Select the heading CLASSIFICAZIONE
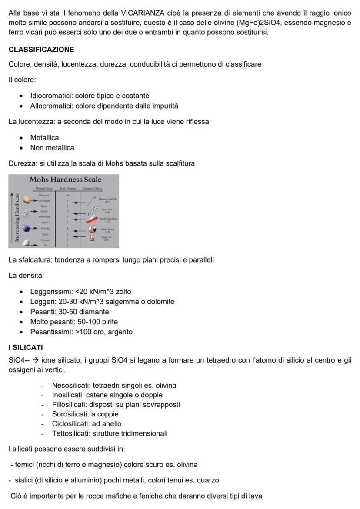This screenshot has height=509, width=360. click(41, 50)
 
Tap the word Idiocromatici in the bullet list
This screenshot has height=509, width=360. click(51, 96)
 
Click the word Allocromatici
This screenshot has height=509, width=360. click(52, 106)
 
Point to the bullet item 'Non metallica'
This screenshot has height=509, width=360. click(52, 147)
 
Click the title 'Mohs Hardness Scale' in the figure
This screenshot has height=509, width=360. click(65, 180)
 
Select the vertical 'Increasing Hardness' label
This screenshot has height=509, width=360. click(17, 217)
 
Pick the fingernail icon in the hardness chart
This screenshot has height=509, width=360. click(91, 238)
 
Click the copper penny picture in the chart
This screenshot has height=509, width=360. click(92, 229)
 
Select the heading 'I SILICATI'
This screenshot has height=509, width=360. click(26, 348)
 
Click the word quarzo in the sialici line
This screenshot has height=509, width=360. click(207, 480)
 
